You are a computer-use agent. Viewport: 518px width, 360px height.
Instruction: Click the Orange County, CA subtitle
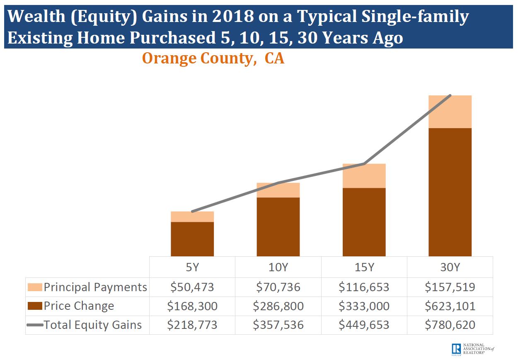tap(213, 58)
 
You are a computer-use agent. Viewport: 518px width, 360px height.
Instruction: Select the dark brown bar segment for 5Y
tap(192, 239)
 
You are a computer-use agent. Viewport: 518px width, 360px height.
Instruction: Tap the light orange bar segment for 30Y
tap(450, 112)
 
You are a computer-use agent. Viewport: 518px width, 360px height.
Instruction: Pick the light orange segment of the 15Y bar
tap(364, 176)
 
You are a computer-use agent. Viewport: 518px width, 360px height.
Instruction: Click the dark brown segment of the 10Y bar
tap(278, 226)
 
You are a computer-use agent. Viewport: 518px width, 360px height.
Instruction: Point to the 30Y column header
tap(450, 267)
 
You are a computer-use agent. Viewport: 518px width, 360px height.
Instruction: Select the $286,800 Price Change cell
tap(278, 306)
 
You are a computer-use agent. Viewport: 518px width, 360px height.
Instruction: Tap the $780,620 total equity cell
tap(450, 325)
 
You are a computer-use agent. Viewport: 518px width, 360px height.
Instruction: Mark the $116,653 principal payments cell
tap(364, 287)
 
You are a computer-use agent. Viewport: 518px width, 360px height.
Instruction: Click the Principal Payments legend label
tap(95, 287)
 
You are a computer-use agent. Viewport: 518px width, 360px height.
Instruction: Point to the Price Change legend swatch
tap(35, 306)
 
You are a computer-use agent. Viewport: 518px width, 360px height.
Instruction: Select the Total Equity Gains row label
tap(92, 325)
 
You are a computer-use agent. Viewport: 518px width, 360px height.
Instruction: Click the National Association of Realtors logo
tap(472, 349)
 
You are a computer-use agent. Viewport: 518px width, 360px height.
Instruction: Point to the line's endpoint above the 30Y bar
tap(450, 96)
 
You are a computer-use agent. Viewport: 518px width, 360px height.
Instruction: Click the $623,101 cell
tap(450, 306)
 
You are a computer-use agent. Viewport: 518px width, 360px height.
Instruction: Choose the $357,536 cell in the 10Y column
tap(278, 325)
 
